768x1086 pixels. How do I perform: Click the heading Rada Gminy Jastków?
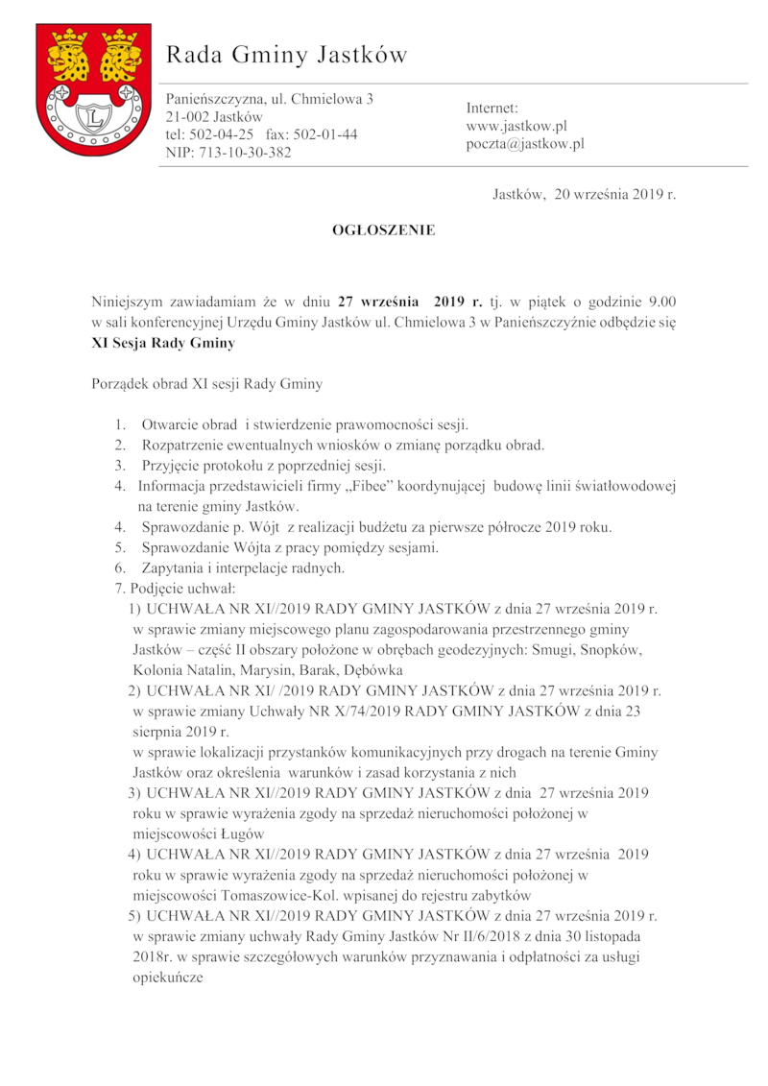(287, 56)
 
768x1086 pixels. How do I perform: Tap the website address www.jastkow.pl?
(516, 126)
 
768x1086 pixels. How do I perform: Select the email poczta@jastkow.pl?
(525, 144)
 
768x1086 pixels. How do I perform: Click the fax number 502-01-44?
(325, 134)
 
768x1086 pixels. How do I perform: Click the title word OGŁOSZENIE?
(383, 230)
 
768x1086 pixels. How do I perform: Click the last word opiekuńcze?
(169, 977)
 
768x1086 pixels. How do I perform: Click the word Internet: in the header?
(492, 108)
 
